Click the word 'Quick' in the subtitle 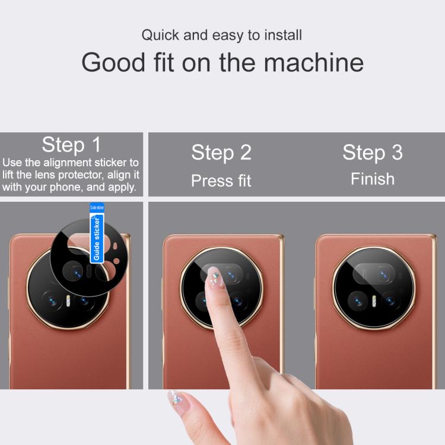click(x=160, y=36)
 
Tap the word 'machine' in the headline click(x=314, y=62)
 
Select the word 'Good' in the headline click(x=113, y=62)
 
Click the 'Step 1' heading click(x=71, y=145)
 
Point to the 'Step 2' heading click(x=221, y=152)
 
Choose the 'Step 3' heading click(x=373, y=152)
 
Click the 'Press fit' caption click(x=221, y=180)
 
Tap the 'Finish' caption click(x=373, y=179)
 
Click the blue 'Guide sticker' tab click(x=97, y=233)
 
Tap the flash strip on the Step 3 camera click(x=374, y=301)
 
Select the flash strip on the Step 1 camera click(x=68, y=301)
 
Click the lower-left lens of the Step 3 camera click(x=358, y=301)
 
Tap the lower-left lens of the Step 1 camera click(x=52, y=301)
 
